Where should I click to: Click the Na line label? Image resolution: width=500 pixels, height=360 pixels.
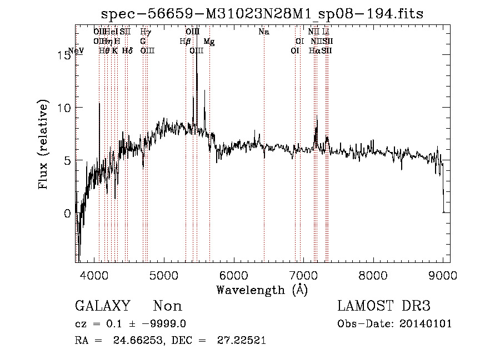(x=264, y=32)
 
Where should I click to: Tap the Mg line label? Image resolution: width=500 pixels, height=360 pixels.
(x=209, y=42)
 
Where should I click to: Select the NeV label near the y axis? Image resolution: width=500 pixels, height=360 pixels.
(x=76, y=50)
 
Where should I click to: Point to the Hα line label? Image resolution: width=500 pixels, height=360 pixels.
(x=314, y=50)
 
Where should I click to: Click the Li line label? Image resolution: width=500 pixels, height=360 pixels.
(x=326, y=32)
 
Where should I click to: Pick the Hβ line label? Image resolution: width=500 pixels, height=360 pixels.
(x=185, y=42)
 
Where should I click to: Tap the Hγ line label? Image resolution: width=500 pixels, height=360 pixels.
(x=146, y=32)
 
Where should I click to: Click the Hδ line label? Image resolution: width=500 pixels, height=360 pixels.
(x=127, y=50)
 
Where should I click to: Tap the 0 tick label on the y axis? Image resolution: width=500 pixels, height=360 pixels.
(x=67, y=214)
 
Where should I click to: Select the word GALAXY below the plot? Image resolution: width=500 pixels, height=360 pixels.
(x=103, y=306)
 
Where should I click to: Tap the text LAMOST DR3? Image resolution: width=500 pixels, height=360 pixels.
(x=384, y=306)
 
